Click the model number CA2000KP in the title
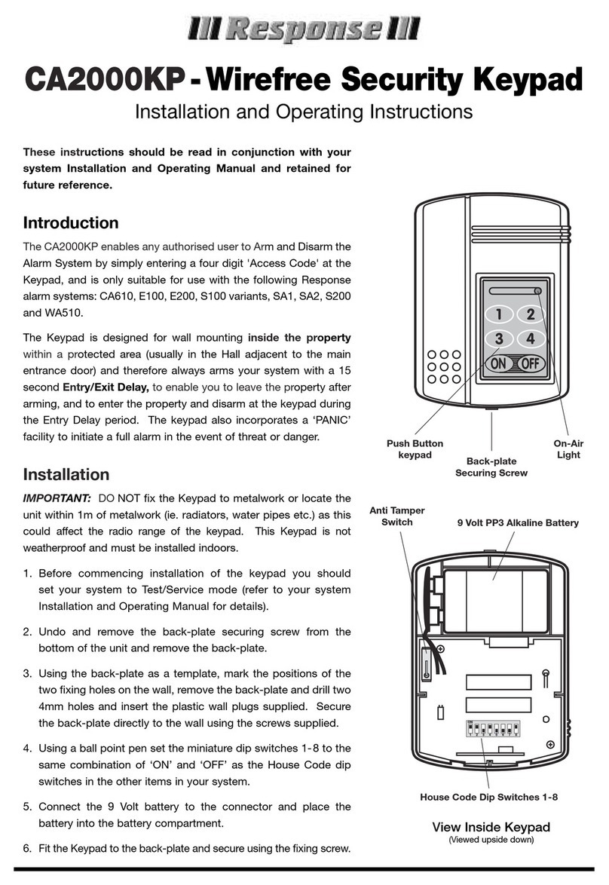pos(104,80)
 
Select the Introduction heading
pos(71,223)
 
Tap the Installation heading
pos(66,474)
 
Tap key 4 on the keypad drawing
pos(531,339)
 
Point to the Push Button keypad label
pos(415,449)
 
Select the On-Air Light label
pos(568,449)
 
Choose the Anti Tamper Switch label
pos(391,516)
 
